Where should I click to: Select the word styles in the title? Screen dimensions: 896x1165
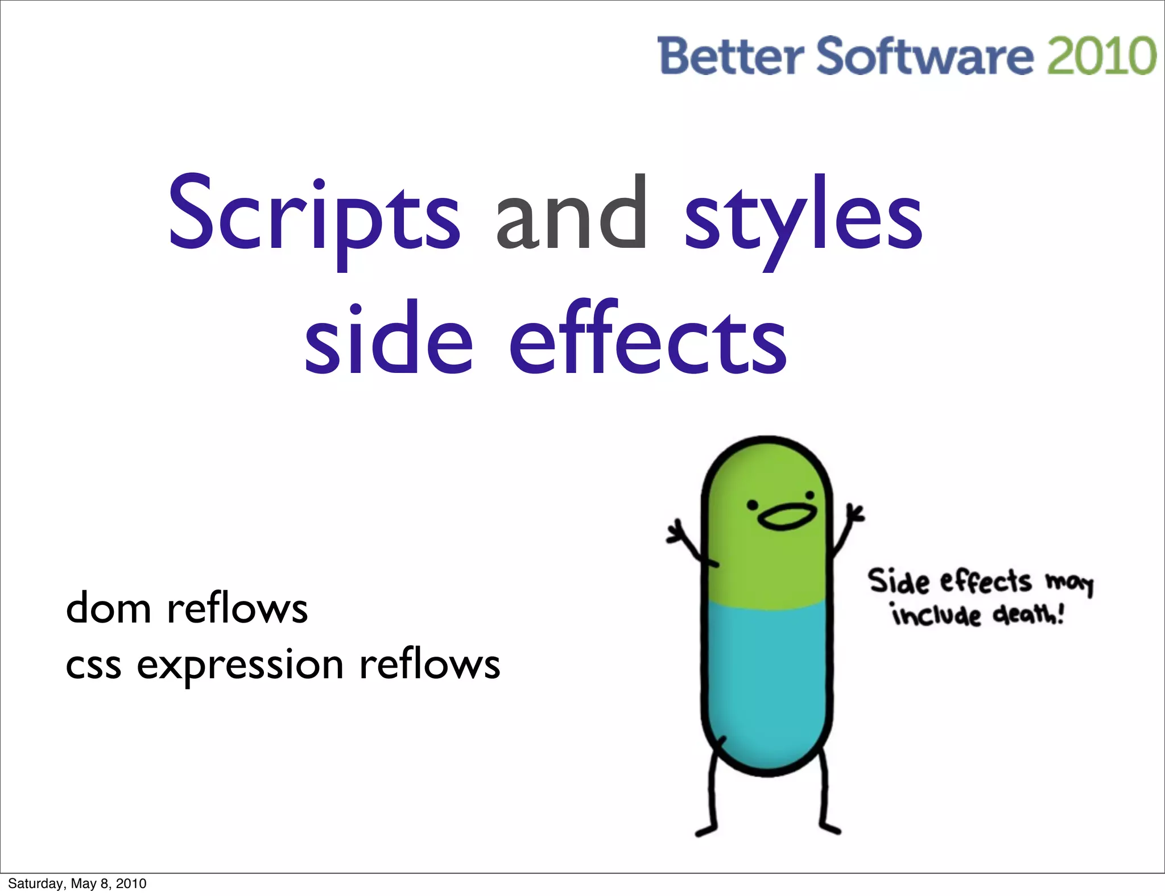(x=803, y=219)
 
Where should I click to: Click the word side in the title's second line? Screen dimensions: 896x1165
(x=389, y=341)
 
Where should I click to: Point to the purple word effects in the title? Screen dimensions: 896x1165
(x=648, y=341)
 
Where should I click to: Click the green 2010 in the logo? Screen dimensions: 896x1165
(x=1101, y=56)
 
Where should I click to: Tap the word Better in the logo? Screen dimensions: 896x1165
(x=730, y=56)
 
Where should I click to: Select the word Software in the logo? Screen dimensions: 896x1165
(x=925, y=56)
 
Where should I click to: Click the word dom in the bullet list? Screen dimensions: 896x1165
(x=108, y=608)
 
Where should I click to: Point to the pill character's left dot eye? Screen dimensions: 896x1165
(x=753, y=505)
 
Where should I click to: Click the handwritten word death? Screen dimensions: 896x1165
(x=1027, y=615)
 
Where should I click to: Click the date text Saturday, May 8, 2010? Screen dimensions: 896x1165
(x=77, y=883)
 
